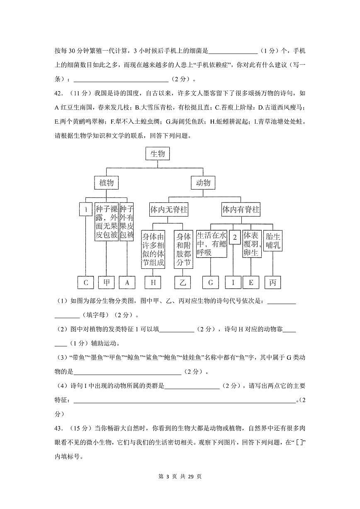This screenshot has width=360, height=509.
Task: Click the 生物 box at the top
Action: (158, 154)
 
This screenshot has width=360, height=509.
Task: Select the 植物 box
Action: (106, 183)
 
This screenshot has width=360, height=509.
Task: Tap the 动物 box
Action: (203, 183)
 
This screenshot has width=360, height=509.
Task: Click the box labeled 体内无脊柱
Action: (169, 210)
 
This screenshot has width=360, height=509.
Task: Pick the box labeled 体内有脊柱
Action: (241, 210)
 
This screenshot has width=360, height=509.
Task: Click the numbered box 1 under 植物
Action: (85, 210)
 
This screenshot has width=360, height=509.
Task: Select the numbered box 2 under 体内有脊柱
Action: (235, 238)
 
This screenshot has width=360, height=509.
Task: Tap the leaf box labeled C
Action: (85, 283)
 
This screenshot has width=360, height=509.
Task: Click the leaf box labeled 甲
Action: (107, 283)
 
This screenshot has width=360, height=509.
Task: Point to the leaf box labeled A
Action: (127, 283)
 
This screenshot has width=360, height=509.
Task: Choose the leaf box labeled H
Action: (153, 283)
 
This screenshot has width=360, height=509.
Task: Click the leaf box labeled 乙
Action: (182, 283)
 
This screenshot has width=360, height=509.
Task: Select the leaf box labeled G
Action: (211, 283)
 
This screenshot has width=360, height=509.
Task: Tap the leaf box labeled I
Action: (233, 283)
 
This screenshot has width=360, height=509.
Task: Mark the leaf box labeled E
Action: (251, 283)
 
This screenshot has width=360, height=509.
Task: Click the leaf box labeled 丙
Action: (272, 283)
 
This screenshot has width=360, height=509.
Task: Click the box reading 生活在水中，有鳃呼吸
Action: (212, 244)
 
